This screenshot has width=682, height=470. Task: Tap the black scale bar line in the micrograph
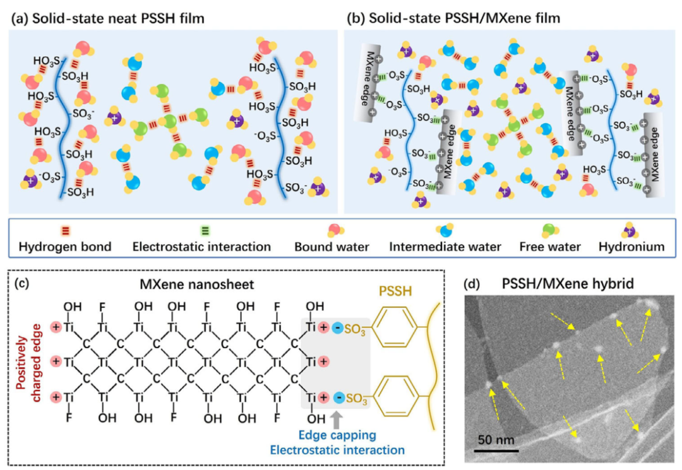[x=496, y=450]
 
